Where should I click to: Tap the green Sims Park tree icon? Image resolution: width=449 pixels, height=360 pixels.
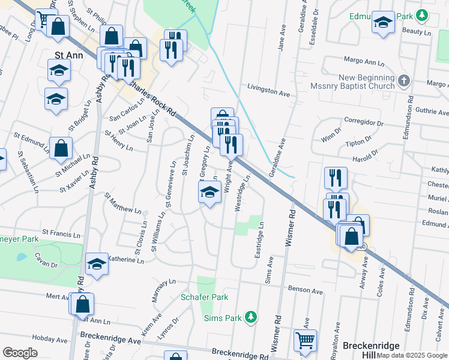pyautogui.click(x=252, y=316)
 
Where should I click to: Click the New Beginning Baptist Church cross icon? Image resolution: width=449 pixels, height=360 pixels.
pyautogui.click(x=404, y=80)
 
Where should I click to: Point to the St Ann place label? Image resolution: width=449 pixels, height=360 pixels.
pyautogui.click(x=67, y=54)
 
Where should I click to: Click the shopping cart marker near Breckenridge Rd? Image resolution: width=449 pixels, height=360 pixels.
pyautogui.click(x=306, y=341)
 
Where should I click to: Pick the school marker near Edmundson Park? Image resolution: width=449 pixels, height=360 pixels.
pyautogui.click(x=383, y=22)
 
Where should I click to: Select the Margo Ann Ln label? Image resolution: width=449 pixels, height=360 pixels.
pyautogui.click(x=364, y=61)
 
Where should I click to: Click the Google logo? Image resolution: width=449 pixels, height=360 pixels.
pyautogui.click(x=20, y=353)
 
